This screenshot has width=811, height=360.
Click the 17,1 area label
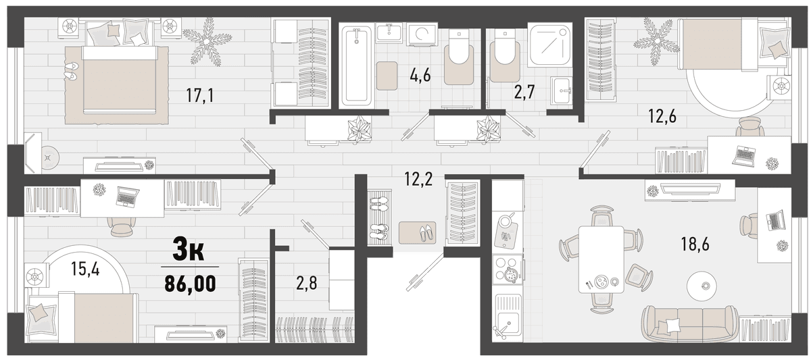point(200,96)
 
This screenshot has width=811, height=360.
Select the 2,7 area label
point(524,93)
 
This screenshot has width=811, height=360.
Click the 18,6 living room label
point(695,245)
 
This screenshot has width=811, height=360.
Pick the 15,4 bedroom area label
point(85,269)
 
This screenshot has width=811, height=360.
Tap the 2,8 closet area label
point(306,283)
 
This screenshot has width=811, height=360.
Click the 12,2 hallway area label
point(418,180)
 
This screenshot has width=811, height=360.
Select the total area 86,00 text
point(190,283)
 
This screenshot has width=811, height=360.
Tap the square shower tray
point(549,45)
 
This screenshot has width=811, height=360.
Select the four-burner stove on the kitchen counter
point(508,267)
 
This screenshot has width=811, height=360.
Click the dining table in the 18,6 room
point(601,259)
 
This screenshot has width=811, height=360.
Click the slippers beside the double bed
point(72,71)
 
